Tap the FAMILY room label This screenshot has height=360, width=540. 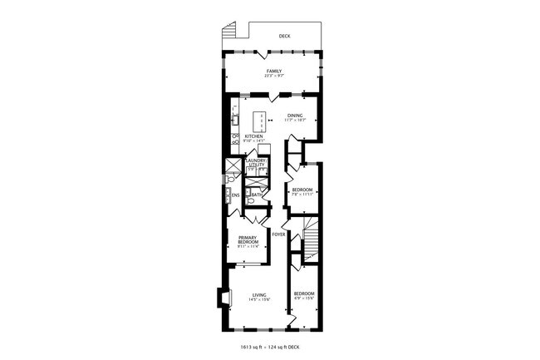click(274, 72)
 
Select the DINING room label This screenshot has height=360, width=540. click(295, 116)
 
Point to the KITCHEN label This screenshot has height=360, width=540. click(253, 136)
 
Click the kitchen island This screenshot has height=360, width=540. click(261, 121)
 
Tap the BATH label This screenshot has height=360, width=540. click(258, 195)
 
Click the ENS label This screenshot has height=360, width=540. click(236, 195)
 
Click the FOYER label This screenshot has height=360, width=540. click(278, 234)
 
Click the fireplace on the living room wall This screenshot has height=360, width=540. click(221, 298)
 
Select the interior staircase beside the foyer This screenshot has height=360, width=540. click(310, 240)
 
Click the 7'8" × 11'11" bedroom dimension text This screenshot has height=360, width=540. click(302, 195)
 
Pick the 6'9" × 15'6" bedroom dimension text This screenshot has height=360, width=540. click(303, 298)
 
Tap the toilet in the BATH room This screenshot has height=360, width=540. click(249, 198)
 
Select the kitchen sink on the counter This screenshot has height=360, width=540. click(234, 121)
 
